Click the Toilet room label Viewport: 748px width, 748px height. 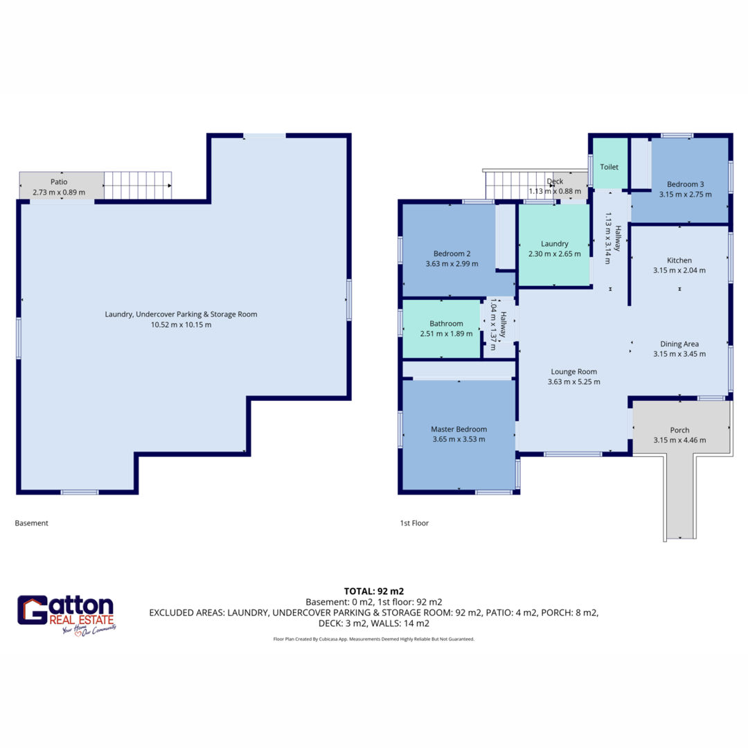point(609,167)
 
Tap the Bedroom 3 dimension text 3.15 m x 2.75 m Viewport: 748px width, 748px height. point(686,194)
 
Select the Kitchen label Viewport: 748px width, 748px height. point(679,260)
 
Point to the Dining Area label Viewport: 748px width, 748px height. point(679,344)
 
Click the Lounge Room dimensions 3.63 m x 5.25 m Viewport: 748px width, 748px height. point(574,382)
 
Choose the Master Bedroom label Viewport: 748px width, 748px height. point(459,429)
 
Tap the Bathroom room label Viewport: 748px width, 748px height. point(446,323)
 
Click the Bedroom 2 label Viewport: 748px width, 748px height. point(452,253)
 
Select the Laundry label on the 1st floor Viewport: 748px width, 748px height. point(554,244)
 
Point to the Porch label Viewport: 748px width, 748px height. point(680,430)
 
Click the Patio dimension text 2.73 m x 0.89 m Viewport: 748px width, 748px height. point(59,193)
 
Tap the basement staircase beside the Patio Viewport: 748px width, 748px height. point(138,185)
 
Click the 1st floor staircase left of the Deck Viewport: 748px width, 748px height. point(519,185)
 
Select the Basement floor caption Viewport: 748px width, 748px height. point(31,523)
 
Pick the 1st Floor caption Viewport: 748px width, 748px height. point(414,523)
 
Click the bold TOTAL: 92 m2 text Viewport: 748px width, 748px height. point(374,591)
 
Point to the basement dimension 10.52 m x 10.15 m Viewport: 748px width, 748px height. point(181,324)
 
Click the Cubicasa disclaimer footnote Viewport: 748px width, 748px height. point(374,639)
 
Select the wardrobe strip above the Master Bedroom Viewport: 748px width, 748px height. point(459,369)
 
